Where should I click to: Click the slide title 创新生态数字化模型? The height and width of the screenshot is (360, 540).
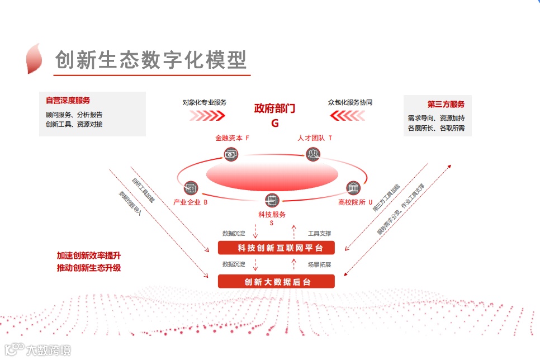coord(151,60)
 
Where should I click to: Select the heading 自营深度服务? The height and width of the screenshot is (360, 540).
coord(68,101)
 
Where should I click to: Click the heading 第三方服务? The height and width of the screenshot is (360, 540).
coord(446,104)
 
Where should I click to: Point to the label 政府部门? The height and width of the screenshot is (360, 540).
coord(274,108)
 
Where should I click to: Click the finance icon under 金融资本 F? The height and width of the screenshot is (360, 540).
coord(231,154)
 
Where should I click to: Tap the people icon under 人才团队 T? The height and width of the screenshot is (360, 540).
coord(314,154)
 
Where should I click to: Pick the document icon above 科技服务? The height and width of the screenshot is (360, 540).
coord(272,200)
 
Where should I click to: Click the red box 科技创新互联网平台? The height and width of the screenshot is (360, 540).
coord(276,248)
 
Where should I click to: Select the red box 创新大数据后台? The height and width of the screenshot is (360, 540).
coord(276,282)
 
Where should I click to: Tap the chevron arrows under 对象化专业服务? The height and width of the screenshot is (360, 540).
coord(207,116)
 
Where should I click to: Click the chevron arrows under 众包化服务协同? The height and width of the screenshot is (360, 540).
coord(348,116)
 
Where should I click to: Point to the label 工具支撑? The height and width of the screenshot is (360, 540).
coord(319,233)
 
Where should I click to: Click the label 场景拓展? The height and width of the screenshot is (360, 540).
coord(319,264)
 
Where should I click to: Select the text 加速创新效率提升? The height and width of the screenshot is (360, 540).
coord(89,255)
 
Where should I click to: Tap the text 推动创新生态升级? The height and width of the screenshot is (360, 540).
coord(89,268)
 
